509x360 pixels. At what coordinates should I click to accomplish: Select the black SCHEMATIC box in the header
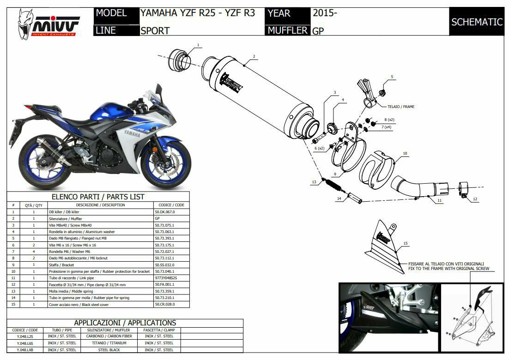pos(477,22)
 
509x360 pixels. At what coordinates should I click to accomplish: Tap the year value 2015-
pos(325,13)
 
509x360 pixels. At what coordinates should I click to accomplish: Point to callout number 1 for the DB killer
pos(198,45)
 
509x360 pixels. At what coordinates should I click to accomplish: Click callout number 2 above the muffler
pos(254,57)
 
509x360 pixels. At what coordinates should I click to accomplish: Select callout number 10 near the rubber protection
pos(405,153)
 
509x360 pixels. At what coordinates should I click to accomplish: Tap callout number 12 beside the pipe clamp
pos(475,199)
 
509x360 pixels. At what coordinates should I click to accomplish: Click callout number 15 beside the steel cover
pos(405,243)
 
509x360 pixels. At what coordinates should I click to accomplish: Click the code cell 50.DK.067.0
pos(165,212)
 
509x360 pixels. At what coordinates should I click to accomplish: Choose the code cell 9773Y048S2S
pos(166,278)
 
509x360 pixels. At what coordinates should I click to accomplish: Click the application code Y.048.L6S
pos(25,343)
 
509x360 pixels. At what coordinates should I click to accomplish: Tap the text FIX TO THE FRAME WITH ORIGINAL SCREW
pos(448,269)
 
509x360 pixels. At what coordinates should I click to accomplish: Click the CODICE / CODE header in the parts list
pos(171,205)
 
